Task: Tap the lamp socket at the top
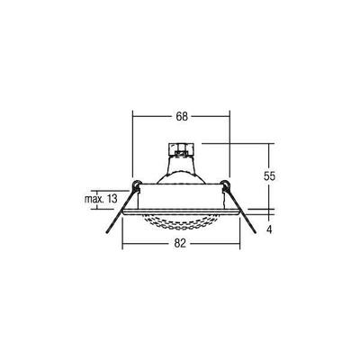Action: [181, 147]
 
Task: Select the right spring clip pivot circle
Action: [226, 187]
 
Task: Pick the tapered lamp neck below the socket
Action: [181, 167]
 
